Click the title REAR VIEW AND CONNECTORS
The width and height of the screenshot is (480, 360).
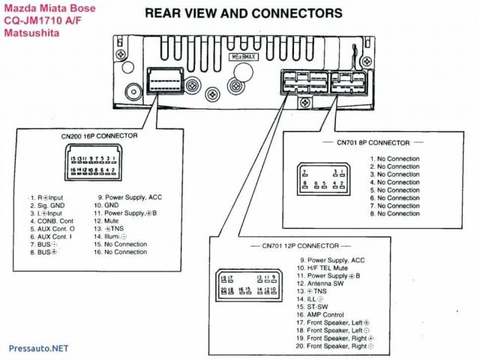pos(244,13)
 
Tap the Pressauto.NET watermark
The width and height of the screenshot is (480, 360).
pos(37,349)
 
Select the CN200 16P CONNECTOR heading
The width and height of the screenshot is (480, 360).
pos(99,136)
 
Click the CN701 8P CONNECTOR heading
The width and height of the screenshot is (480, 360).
pos(373,142)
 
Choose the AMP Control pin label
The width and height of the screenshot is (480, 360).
pos(325,315)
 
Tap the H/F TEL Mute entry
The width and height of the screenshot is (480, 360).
pos(327,268)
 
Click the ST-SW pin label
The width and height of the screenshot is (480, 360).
pos(318,307)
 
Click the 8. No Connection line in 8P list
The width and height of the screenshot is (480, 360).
pos(394,214)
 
